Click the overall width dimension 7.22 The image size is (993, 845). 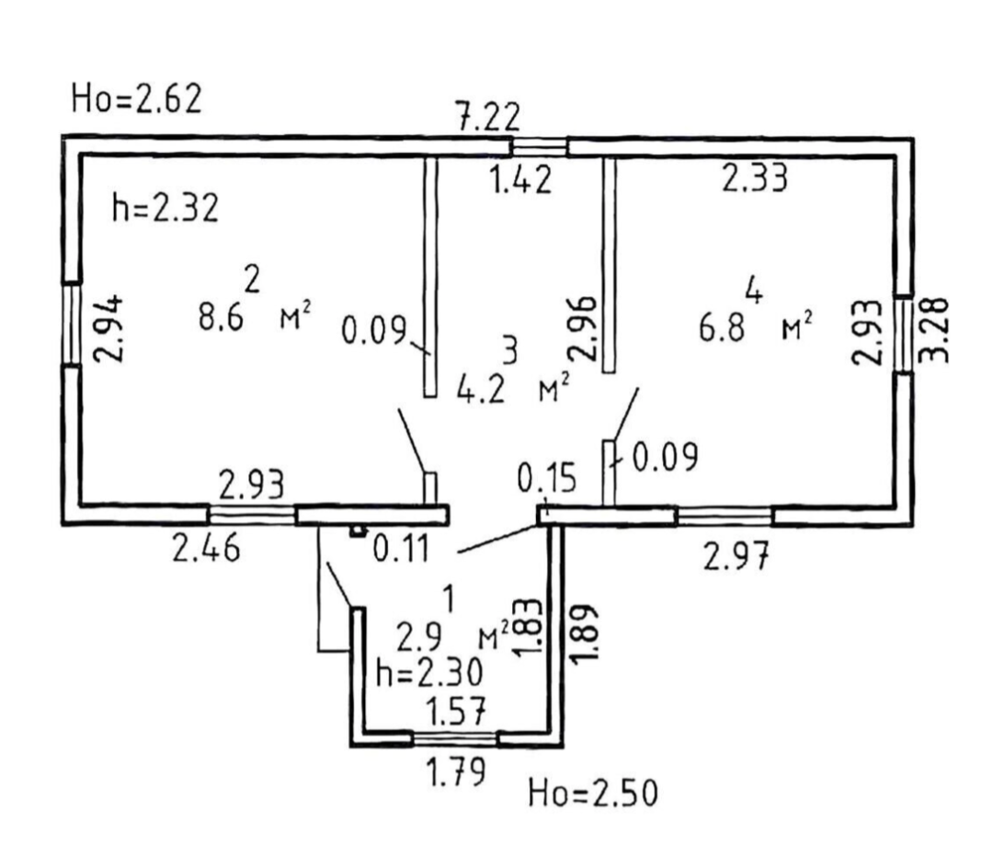(x=488, y=118)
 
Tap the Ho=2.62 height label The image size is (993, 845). (x=136, y=98)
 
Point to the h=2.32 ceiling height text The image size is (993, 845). (x=165, y=209)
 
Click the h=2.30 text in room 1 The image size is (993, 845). (x=430, y=675)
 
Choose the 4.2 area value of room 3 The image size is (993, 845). (x=480, y=389)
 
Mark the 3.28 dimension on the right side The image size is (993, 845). (x=934, y=328)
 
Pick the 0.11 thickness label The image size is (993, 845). (x=401, y=551)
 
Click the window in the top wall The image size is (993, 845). (x=540, y=146)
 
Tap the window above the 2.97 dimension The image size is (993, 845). (x=725, y=516)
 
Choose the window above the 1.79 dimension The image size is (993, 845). (x=454, y=737)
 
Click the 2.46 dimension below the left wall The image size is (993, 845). (x=209, y=551)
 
